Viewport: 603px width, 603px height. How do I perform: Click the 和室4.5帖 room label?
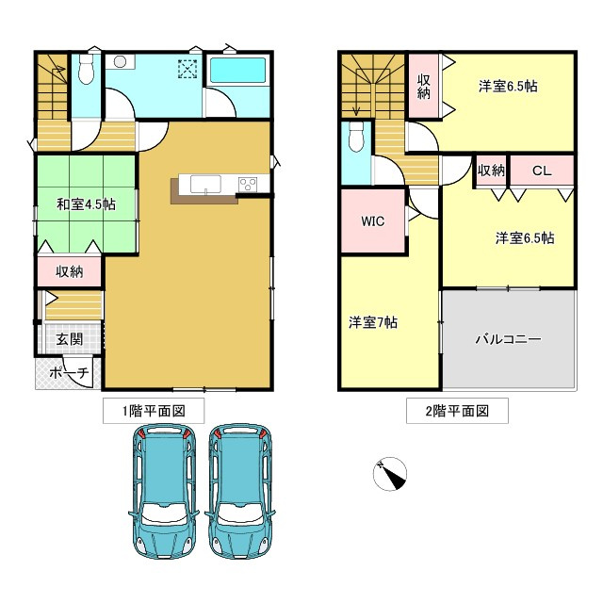tap(86, 204)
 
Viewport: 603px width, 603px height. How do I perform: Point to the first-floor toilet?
tap(88, 68)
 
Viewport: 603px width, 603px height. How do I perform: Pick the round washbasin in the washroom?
tap(120, 62)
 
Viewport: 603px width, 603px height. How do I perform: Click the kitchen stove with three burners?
tap(248, 184)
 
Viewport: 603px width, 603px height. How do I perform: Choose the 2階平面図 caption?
tap(457, 410)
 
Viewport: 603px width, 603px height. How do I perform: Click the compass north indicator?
tap(390, 474)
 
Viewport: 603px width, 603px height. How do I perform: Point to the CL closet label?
tap(541, 171)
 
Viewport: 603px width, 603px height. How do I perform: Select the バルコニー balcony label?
tap(508, 339)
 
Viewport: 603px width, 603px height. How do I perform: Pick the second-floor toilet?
tap(355, 140)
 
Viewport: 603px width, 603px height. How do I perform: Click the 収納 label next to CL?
tap(491, 171)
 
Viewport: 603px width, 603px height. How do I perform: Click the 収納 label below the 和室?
tap(69, 272)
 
